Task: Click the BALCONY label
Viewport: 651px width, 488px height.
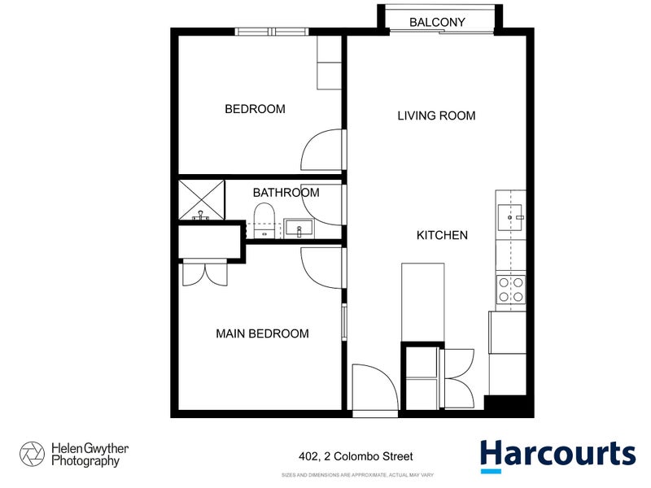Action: click(x=437, y=22)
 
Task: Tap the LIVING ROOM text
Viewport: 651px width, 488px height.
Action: click(x=436, y=115)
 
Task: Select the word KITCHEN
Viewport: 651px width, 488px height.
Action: click(x=442, y=235)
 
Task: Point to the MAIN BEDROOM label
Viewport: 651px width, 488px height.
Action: click(x=262, y=333)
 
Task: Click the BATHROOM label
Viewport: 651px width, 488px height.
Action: click(x=286, y=193)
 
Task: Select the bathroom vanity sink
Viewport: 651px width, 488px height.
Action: click(x=299, y=229)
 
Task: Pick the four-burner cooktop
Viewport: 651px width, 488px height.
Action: click(x=511, y=290)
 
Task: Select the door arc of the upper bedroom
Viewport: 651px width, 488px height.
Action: click(x=322, y=150)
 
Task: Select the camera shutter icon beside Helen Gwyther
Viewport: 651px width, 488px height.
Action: click(x=32, y=454)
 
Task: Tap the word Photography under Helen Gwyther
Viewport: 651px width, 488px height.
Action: click(x=85, y=461)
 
